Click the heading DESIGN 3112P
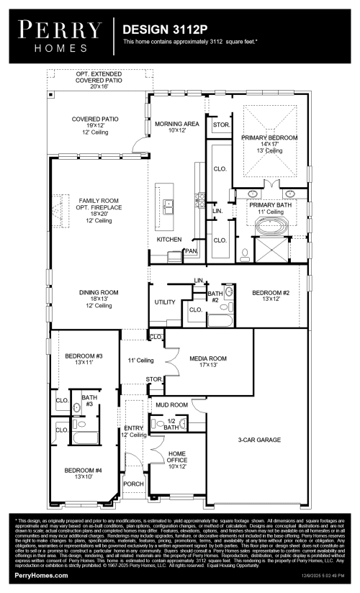pos(163,30)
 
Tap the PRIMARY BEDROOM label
pos(269,137)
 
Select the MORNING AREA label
pos(176,124)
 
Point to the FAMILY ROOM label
pos(94,202)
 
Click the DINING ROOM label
pos(99,293)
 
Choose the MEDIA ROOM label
pos(208,358)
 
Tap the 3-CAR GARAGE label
pos(259,439)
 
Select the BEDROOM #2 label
pos(270,293)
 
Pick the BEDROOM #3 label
pos(84,357)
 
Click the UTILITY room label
pos(165,302)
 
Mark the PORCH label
pos(132,484)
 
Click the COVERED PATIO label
pos(95,119)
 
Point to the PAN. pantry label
pos(191,250)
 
